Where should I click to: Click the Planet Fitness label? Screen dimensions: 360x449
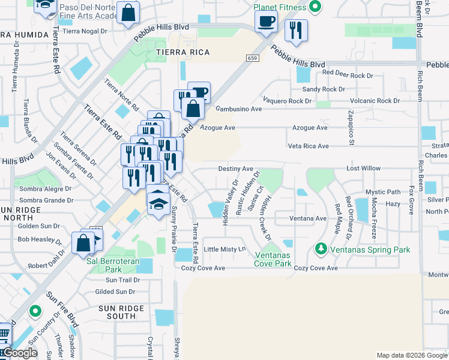(280, 7)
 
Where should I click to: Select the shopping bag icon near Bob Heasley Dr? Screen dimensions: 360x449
(83, 243)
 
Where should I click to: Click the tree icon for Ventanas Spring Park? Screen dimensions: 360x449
(321, 248)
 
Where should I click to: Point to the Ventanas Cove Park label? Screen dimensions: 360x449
(273, 259)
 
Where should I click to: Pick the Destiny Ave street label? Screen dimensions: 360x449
(235, 169)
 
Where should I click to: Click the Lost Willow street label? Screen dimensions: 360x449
(363, 169)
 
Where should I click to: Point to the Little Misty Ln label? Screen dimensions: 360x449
(225, 249)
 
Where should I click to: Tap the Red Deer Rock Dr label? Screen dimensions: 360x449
(348, 73)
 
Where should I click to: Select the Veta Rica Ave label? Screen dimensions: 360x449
(308, 146)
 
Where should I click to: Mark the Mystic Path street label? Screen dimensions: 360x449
(382, 192)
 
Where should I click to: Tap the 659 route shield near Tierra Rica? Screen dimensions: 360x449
(252, 58)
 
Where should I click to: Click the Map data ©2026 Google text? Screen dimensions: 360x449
(411, 355)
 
